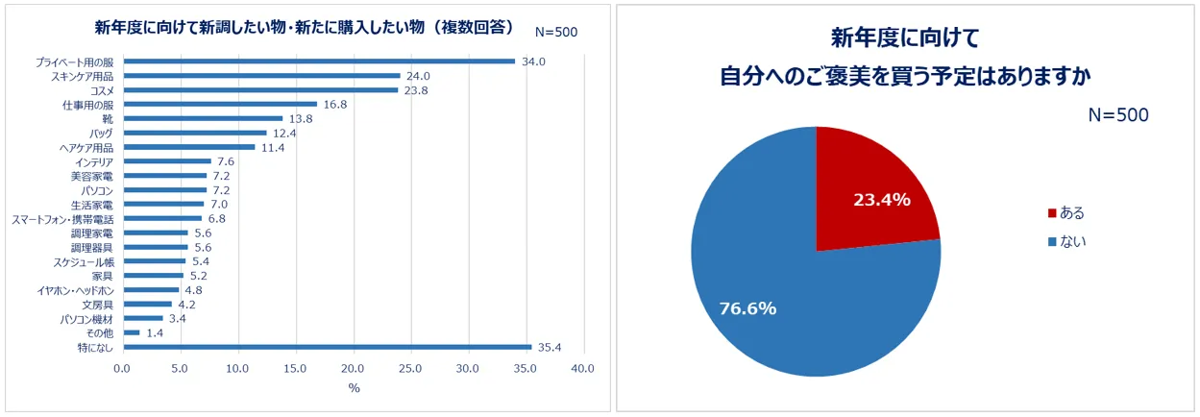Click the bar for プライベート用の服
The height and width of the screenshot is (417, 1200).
click(318, 61)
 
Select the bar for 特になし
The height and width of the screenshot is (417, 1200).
click(326, 347)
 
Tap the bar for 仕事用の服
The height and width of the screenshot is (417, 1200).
click(219, 104)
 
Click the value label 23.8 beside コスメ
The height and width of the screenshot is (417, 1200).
click(416, 90)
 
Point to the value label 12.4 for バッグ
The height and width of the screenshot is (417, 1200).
click(284, 133)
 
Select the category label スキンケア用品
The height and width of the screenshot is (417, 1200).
click(82, 76)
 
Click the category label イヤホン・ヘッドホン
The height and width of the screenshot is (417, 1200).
click(75, 290)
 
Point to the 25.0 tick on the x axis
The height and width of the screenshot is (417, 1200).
click(410, 369)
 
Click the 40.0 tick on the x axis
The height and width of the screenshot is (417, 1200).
click(582, 369)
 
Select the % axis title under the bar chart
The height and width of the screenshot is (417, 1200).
click(353, 388)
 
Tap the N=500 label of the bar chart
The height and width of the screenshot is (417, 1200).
click(556, 32)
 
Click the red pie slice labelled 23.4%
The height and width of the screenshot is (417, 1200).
click(869, 192)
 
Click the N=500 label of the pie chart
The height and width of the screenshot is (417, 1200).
click(1118, 115)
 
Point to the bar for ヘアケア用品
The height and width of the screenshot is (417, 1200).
click(188, 147)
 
